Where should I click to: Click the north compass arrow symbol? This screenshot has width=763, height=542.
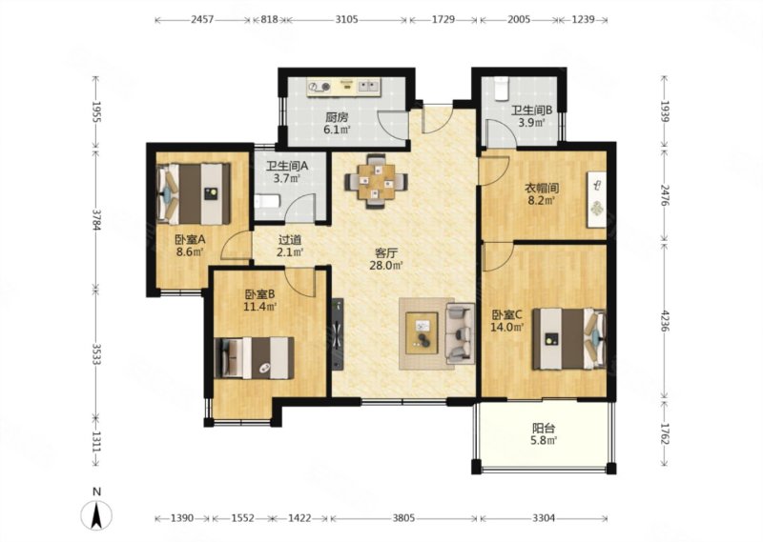[x=97, y=514]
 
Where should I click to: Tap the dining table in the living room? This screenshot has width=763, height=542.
[x=376, y=182]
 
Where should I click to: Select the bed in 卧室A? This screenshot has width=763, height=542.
[x=194, y=193]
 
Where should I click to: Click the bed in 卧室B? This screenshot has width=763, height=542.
[x=254, y=358]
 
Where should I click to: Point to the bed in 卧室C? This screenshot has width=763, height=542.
[x=569, y=338]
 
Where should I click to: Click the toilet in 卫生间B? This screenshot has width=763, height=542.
[x=500, y=88]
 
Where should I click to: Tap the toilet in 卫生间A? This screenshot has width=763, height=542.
[x=267, y=201]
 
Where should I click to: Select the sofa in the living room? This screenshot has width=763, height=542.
[x=460, y=333]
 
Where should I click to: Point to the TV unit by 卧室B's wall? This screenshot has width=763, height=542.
[x=338, y=334]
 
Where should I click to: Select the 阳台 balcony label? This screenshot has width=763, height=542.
[x=544, y=429]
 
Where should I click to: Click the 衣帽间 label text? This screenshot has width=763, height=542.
[x=541, y=188]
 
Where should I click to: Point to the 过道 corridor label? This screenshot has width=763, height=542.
[x=290, y=240]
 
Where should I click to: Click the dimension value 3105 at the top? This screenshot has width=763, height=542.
[x=346, y=19]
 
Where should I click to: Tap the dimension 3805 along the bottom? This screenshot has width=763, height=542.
[x=403, y=518]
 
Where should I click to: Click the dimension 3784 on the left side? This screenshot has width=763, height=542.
[x=96, y=220]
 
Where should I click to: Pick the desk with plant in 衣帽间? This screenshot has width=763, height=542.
[x=597, y=199]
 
